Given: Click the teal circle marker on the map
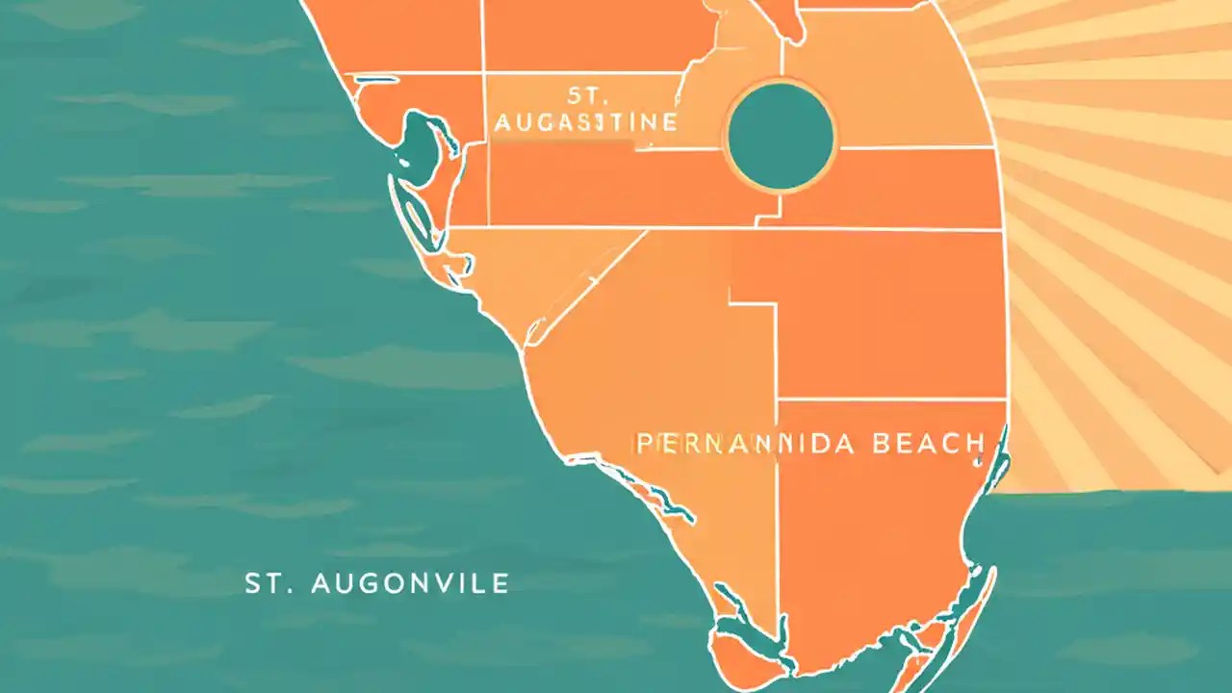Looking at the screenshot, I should coord(780,136).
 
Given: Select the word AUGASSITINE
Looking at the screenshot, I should coord(585,123).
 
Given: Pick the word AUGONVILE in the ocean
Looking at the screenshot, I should coord(413,582).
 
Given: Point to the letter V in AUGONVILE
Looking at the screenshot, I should coord(449,582).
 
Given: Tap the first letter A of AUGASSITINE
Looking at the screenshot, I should coord(500,123).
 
